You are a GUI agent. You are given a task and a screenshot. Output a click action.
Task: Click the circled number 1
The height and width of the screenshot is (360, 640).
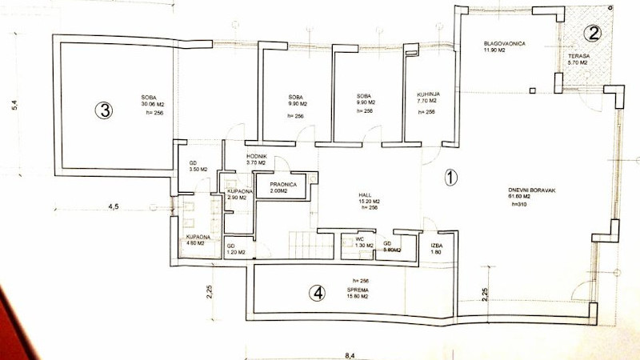(x=450, y=178)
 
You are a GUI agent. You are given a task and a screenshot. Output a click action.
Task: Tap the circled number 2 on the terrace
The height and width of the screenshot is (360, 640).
(x=592, y=33)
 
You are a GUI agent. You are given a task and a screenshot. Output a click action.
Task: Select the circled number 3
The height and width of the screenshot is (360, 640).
(x=102, y=110)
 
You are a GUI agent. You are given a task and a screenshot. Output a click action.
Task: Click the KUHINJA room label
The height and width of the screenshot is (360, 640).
(x=426, y=94)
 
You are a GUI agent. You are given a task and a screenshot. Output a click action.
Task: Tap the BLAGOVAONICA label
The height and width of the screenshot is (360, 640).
(x=504, y=43)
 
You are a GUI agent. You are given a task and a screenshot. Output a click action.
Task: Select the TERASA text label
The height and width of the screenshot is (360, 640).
(x=578, y=55)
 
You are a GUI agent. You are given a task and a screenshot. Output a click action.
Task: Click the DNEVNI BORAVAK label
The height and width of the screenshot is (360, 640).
(x=527, y=190)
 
